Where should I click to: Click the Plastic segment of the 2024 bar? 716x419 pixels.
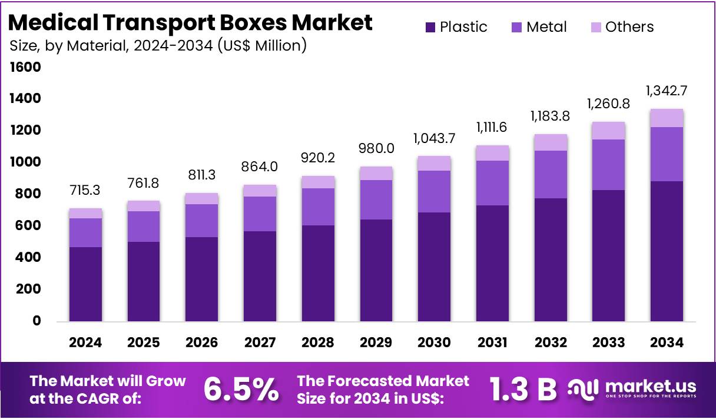85,284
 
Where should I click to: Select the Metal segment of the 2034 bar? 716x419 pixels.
667,154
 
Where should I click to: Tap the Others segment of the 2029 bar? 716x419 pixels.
376,173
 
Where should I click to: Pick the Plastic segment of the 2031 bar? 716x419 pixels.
492,263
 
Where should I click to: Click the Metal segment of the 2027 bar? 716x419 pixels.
260,214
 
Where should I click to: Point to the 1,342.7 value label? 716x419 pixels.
667,91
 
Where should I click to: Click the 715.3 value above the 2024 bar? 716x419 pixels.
85,191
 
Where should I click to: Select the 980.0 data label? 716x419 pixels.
376,149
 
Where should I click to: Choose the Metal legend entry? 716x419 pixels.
538,27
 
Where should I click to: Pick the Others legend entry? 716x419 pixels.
621,27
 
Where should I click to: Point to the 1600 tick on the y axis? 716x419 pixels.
25,67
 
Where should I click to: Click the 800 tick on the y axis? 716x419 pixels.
28,194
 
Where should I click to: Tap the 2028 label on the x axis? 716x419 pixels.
318,342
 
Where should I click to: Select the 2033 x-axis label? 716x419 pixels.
609,342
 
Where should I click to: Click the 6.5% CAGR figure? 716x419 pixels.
241,390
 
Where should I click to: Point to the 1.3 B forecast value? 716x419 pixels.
523,390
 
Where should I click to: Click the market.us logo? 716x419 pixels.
632,388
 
